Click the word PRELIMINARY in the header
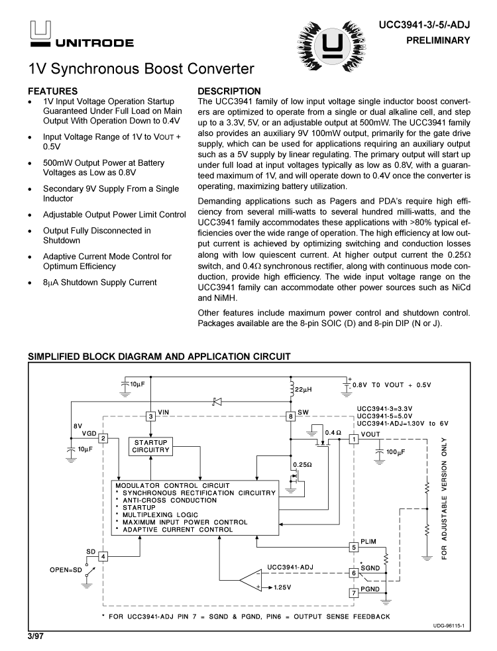[443, 40]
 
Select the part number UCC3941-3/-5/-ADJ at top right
[424, 25]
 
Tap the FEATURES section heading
[52, 91]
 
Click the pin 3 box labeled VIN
[151, 416]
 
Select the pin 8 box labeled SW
[291, 416]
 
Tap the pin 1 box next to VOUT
[355, 438]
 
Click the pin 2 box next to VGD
[104, 438]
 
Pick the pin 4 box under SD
[103, 556]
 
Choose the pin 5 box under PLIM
[355, 547]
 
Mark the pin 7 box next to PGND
[355, 593]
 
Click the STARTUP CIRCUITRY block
[150, 445]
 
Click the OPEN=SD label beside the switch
[66, 569]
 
